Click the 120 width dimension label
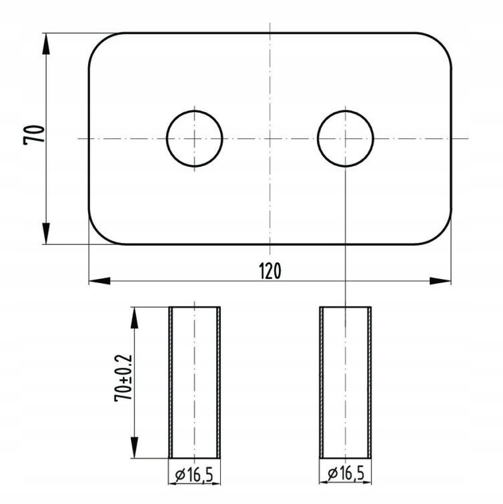[270, 270]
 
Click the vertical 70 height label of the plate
[34, 135]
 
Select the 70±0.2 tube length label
[123, 378]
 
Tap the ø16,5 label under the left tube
[194, 474]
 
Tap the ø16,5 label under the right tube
[346, 473]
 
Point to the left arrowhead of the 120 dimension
[99, 281]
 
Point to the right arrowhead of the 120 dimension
[440, 281]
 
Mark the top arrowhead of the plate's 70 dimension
[46, 43]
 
